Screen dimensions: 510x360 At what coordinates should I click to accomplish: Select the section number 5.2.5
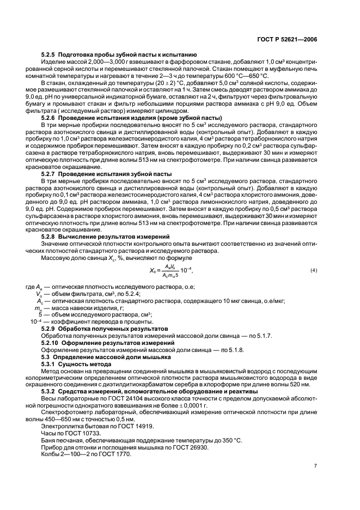(x=50, y=55)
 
